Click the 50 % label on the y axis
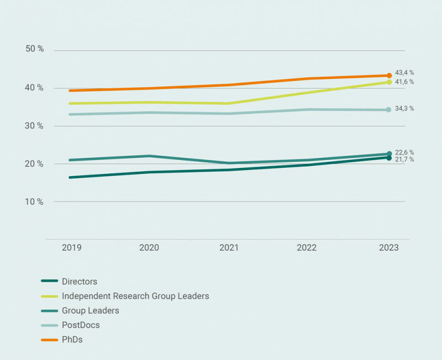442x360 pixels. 35,49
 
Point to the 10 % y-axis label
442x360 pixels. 35,202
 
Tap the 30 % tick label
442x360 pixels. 35,126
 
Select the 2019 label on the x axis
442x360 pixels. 71,248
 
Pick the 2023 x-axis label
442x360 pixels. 388,248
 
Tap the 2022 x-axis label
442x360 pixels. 307,248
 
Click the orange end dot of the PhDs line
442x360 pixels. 389,76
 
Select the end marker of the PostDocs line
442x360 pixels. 389,110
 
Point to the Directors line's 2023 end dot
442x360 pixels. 389,158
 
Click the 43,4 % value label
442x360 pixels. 404,72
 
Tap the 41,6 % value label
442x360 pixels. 404,82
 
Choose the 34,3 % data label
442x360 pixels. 404,109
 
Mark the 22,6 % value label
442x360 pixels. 404,152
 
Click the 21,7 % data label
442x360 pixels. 404,160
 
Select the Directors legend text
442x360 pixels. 80,282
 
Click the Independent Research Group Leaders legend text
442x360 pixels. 135,296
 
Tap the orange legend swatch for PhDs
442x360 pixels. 50,340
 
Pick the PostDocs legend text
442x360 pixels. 81,325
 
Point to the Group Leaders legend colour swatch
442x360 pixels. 50,311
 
